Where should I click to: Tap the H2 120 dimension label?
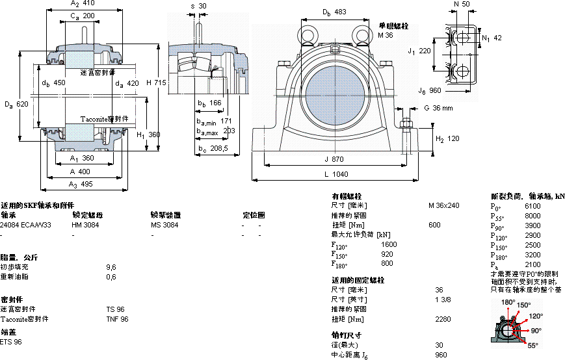coord(447,139)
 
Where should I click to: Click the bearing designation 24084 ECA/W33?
coord(26,225)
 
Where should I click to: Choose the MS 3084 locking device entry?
coord(164,225)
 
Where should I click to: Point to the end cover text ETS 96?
coord(11,342)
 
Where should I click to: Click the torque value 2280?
coord(443,319)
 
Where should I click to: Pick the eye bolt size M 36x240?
coord(443,205)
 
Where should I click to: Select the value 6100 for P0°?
coord(532,205)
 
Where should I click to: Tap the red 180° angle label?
coord(508,302)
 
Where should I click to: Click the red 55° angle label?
coord(532,345)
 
